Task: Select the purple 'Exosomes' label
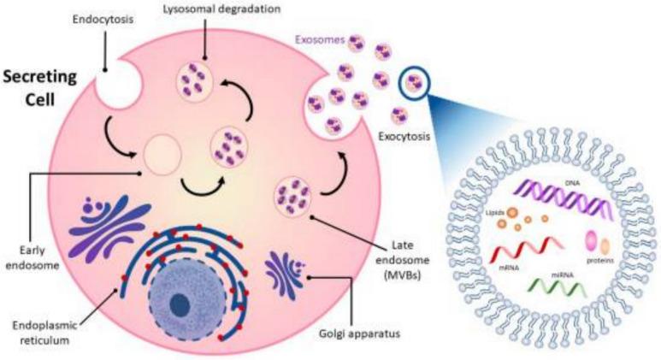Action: click(x=319, y=39)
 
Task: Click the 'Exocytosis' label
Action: click(x=403, y=135)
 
